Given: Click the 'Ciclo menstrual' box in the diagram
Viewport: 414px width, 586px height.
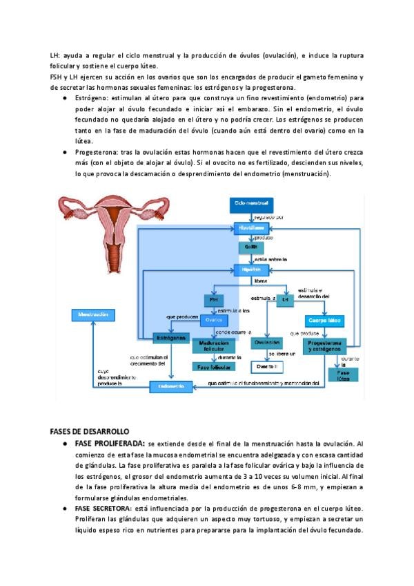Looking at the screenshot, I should coord(251,204).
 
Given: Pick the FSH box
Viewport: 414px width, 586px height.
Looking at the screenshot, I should coord(213,301).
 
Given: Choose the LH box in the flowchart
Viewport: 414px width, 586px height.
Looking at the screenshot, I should coord(284,301).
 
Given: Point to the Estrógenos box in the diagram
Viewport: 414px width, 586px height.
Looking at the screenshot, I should coord(170,338).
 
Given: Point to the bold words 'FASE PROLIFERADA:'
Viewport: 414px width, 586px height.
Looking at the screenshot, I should coord(110,443).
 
